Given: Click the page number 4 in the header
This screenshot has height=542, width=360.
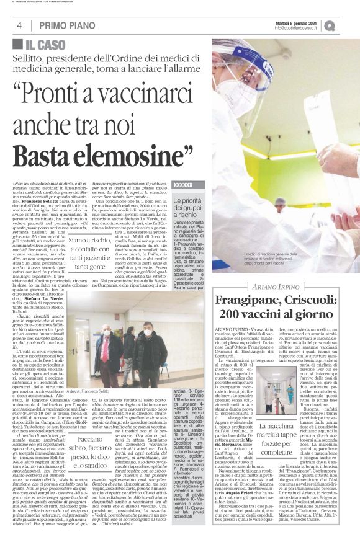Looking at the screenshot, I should [20, 25].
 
